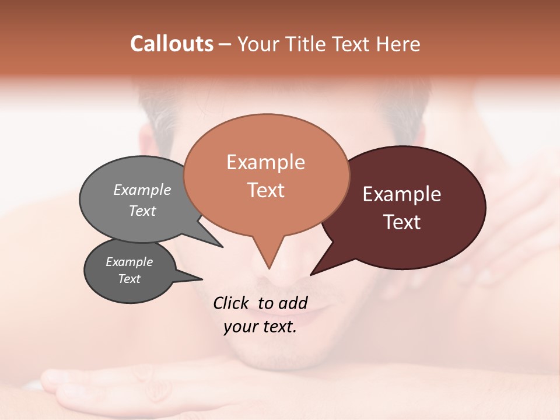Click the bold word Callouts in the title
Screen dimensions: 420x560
coord(171,44)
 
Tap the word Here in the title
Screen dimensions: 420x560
coord(398,44)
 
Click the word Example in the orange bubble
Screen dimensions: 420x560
coord(265,162)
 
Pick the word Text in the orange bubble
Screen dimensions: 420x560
coord(265,190)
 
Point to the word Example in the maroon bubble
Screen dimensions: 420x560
coord(402,194)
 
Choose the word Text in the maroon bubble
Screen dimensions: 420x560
coord(402,222)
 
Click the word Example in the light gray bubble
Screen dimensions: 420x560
coord(142,190)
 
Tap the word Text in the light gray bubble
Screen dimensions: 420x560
coord(142,211)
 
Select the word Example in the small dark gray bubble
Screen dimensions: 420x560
coord(129,262)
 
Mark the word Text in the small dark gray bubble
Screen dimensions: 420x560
coord(129,279)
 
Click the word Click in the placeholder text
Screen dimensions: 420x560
coord(232,303)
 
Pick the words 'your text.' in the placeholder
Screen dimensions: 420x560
coord(260,327)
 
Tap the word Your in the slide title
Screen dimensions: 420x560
coord(258,44)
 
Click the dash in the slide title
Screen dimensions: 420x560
coord(225,44)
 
